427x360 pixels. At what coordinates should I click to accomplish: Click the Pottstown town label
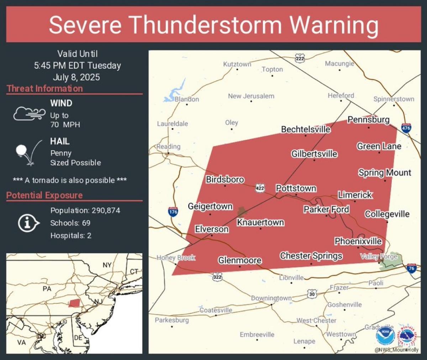(296, 188)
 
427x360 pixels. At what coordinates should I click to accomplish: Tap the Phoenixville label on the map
(358, 241)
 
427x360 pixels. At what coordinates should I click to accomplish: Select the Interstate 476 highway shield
(406, 128)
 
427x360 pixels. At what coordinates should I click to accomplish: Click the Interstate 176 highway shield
(173, 212)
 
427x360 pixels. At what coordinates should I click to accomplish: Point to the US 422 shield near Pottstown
(260, 188)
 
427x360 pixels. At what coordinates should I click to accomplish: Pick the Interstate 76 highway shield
(411, 268)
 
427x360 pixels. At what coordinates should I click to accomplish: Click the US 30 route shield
(312, 294)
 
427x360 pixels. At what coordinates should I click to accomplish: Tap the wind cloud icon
(29, 114)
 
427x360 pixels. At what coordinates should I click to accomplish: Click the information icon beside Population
(28, 223)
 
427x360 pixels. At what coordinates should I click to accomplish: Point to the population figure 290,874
(106, 210)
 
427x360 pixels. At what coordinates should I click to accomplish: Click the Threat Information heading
(44, 89)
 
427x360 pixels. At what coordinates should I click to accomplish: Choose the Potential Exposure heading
(44, 195)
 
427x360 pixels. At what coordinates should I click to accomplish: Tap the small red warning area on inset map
(74, 303)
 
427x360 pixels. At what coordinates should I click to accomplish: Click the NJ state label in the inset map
(97, 302)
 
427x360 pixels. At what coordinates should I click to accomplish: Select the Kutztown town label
(237, 64)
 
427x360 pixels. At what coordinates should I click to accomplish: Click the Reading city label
(169, 146)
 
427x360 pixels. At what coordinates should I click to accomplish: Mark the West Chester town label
(316, 320)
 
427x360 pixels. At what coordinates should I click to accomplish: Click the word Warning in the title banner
(334, 25)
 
